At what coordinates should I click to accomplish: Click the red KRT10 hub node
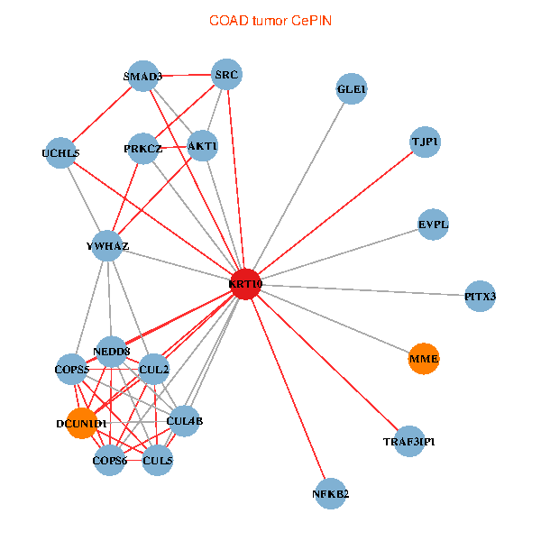245,284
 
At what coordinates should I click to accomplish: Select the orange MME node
424,359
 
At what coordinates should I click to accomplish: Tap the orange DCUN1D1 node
82,424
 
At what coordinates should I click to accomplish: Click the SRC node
226,74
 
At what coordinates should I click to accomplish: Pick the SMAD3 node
142,76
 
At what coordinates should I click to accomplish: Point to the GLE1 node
352,88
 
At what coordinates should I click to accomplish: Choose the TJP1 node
425,142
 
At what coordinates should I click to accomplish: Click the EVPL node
433,225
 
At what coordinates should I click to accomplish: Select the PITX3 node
480,296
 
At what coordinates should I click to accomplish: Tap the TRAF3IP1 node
409,441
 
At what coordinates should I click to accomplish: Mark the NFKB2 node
331,494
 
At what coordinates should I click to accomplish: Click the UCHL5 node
60,153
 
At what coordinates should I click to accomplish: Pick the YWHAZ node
107,245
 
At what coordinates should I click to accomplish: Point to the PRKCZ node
142,149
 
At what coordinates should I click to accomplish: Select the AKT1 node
203,145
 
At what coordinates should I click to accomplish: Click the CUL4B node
184,421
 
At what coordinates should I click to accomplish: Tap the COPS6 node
109,460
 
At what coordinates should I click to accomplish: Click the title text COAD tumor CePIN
270,21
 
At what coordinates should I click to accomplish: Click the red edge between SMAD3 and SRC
185,75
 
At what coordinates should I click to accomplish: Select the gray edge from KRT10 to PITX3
363,290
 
